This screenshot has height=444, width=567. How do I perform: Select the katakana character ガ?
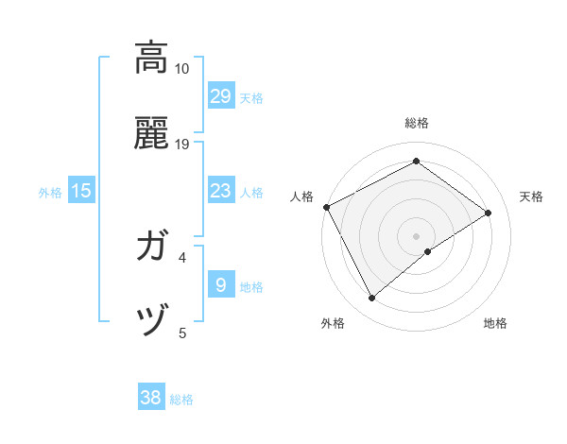[x=152, y=248]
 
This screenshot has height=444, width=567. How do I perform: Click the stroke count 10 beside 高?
[x=181, y=69]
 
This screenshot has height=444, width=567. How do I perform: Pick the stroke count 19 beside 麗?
[x=181, y=145]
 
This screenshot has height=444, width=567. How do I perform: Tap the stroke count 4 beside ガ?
[x=182, y=257]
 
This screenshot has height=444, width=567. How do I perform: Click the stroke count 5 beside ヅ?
[x=182, y=333]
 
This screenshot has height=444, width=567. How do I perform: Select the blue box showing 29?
[x=220, y=96]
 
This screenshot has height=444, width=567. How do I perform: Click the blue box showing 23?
[x=220, y=192]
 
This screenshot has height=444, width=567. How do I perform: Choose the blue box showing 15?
[x=81, y=192]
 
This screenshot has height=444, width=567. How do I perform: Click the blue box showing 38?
[x=150, y=398]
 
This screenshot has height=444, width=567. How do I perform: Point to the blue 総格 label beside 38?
[x=181, y=400]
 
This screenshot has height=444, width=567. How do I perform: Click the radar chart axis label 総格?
[x=417, y=123]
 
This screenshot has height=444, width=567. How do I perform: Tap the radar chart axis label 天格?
[x=532, y=196]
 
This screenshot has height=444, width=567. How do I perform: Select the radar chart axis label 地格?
[x=495, y=324]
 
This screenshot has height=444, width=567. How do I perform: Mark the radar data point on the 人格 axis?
[x=326, y=207]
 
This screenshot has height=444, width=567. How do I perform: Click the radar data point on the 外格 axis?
[x=372, y=299]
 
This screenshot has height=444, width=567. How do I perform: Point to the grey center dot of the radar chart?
[x=417, y=235]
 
